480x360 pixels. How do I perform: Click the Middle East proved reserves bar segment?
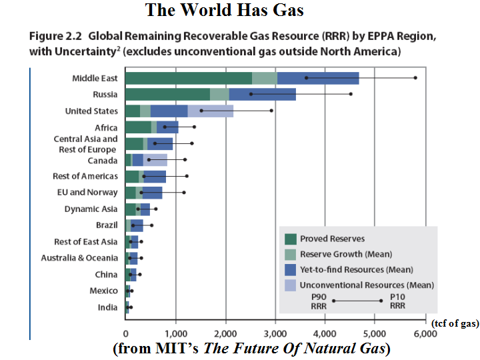[189, 78]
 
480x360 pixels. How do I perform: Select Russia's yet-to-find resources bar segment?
[262, 95]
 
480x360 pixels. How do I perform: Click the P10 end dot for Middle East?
[415, 78]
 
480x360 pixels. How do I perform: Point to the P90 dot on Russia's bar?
[251, 95]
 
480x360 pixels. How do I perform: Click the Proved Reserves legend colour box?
[290, 239]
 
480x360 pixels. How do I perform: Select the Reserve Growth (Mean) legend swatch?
[290, 254]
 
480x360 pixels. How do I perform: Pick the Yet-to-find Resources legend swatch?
[290, 269]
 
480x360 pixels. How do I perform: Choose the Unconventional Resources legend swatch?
[290, 285]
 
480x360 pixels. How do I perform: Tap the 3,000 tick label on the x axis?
[275, 335]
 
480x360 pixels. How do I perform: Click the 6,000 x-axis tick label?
[425, 335]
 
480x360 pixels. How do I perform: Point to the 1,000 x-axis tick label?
[175, 335]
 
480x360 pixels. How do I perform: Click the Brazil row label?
[107, 225]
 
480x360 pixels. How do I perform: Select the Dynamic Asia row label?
[91, 209]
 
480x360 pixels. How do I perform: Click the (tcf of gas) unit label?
[455, 323]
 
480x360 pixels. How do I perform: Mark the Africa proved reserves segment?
[138, 127]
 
